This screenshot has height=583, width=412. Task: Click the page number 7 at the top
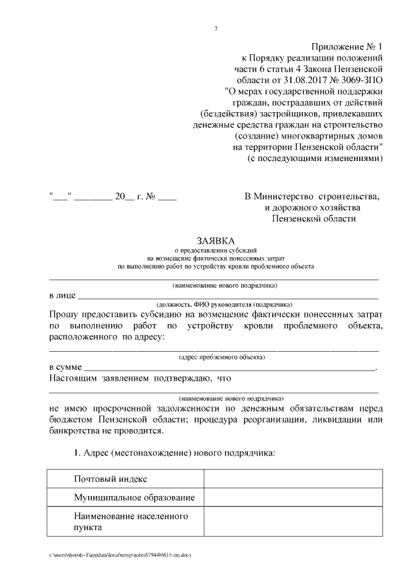[x=215, y=28]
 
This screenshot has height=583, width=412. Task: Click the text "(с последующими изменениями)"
[x=315, y=158]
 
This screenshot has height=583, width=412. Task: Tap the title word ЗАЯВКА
[x=215, y=239]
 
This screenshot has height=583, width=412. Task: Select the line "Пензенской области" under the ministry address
[x=314, y=219]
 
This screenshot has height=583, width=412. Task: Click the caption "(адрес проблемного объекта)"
[x=215, y=356]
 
